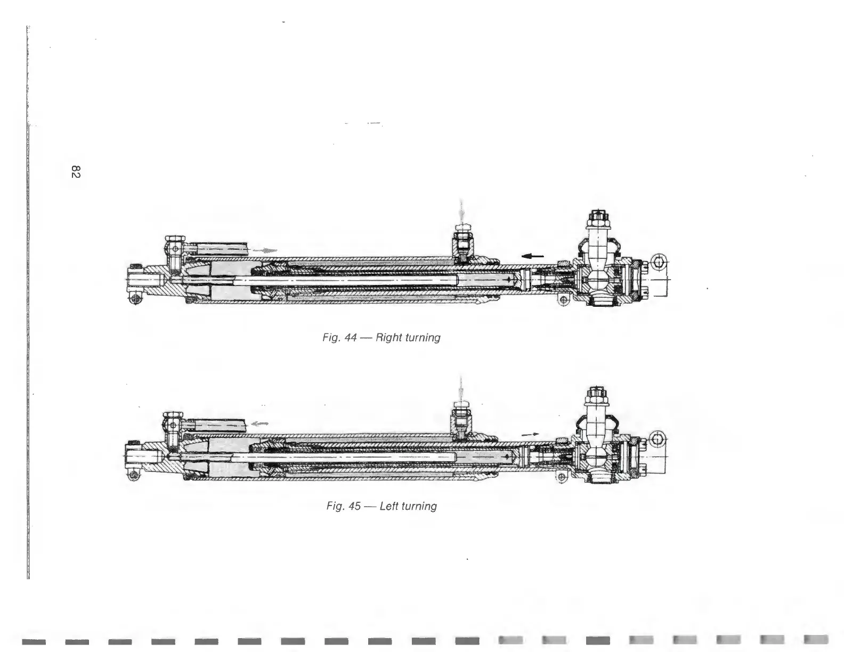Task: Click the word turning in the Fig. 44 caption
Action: click(423, 338)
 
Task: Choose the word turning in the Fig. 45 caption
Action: click(419, 506)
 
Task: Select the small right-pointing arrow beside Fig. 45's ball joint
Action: click(527, 434)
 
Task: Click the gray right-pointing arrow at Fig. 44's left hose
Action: click(265, 249)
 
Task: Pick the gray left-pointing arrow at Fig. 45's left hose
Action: click(259, 424)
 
